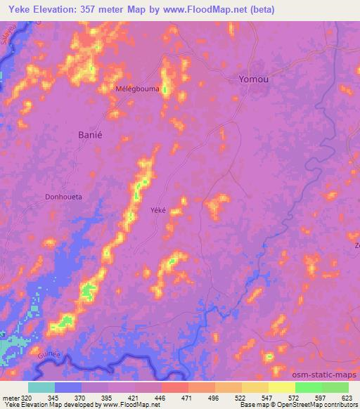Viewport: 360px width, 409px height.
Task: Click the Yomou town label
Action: tap(253, 79)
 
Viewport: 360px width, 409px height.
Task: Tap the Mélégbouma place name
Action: tap(138, 89)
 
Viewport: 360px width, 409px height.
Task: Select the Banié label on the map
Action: tap(89, 134)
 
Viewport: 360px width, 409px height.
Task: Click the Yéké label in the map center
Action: tap(158, 209)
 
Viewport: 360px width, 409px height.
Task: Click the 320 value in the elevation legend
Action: tap(21, 398)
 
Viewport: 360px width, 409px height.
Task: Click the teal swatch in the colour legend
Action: tap(41, 387)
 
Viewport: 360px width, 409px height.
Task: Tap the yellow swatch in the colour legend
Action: tap(282, 387)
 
